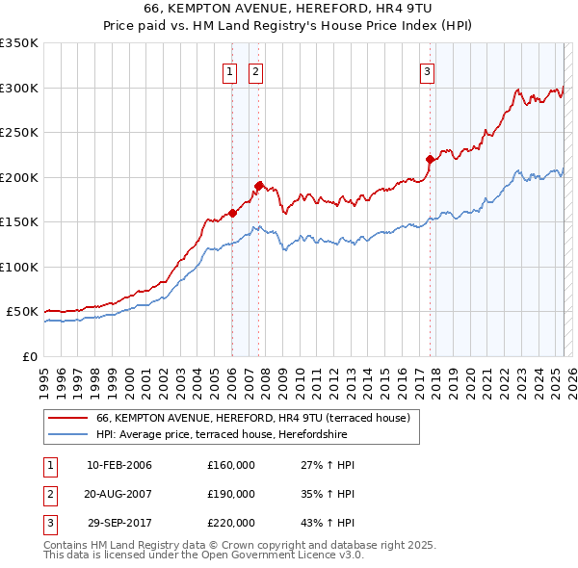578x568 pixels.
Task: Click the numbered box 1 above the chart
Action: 231,70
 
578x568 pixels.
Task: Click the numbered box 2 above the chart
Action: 256,70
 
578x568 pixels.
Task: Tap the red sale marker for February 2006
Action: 232,214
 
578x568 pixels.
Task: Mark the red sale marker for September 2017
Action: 430,160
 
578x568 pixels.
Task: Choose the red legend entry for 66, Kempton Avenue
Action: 253,418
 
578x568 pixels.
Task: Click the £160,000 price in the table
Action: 231,465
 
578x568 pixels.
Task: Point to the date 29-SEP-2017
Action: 119,523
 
